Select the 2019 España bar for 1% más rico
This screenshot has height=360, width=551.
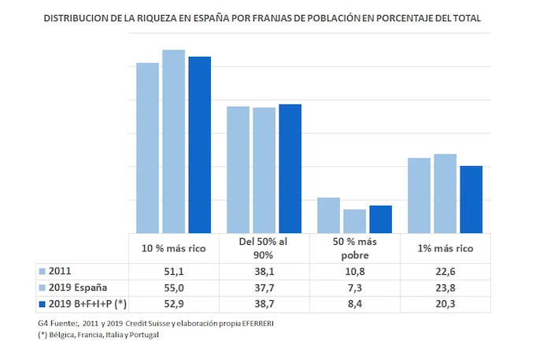[445, 193]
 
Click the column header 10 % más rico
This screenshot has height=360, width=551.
[174, 248]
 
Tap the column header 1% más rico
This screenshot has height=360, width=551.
[445, 248]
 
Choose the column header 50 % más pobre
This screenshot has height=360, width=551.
[354, 248]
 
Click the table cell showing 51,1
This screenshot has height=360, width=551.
[174, 271]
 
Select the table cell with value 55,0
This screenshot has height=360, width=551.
[174, 287]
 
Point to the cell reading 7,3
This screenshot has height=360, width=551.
[354, 287]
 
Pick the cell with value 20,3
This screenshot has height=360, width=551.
[445, 302]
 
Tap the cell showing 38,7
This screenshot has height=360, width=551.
[264, 302]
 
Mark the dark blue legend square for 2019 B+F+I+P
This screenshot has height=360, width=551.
[43, 302]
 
